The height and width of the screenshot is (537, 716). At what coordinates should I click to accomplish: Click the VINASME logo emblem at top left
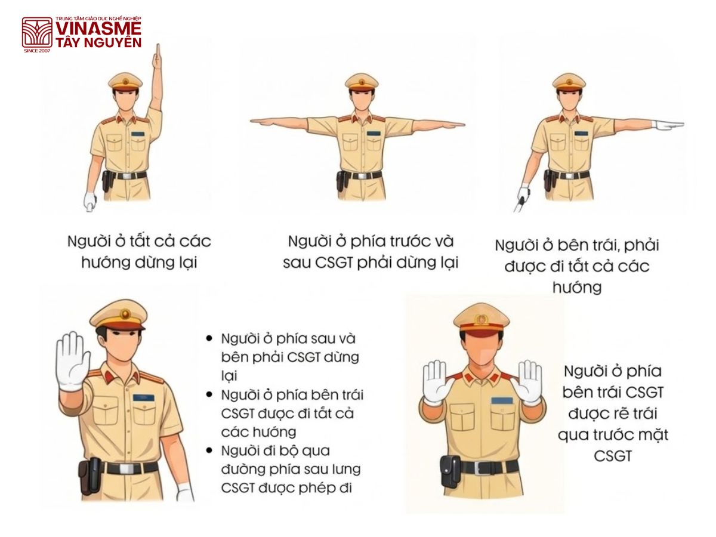click(x=37, y=32)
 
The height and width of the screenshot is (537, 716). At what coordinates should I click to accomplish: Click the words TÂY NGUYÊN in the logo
click(x=98, y=42)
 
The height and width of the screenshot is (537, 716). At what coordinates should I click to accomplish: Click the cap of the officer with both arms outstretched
click(x=362, y=81)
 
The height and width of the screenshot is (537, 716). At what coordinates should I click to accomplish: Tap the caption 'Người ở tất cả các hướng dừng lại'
click(x=138, y=252)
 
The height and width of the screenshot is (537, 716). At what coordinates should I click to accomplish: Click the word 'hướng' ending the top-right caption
click(x=576, y=287)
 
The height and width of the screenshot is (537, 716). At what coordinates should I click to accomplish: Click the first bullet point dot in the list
click(x=209, y=338)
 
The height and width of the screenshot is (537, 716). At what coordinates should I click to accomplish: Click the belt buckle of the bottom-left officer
click(x=125, y=468)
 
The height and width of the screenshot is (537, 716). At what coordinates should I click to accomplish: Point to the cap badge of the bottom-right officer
click(x=481, y=320)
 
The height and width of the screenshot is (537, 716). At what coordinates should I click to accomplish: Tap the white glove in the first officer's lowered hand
click(x=90, y=201)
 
